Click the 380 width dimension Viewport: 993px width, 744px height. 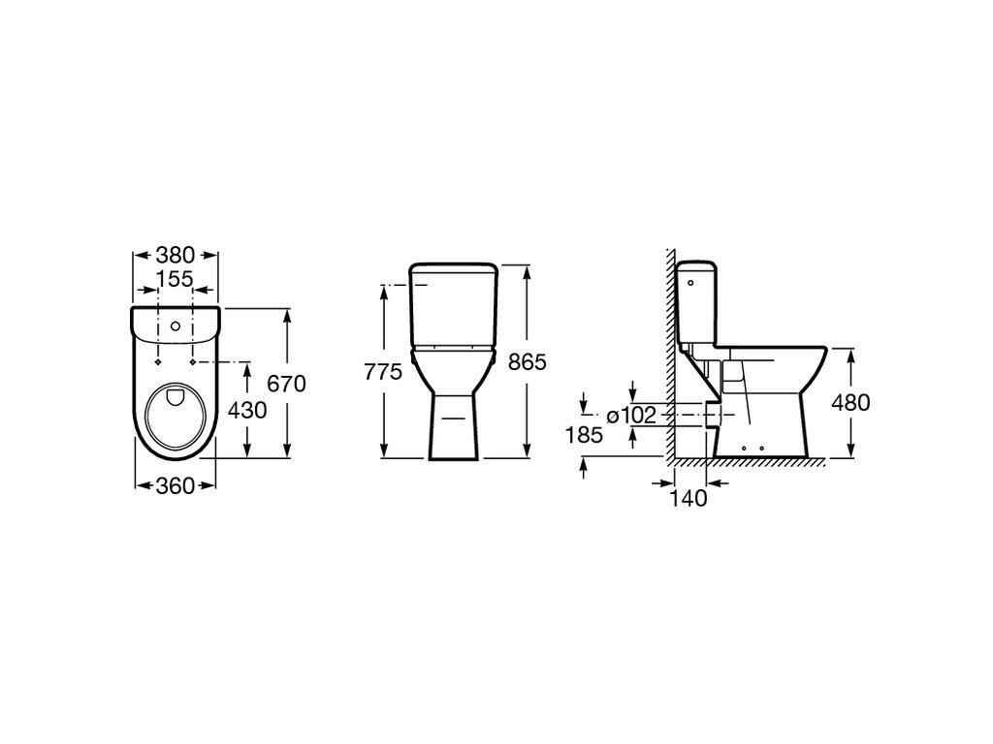(176, 256)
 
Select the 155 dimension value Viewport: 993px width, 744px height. (175, 278)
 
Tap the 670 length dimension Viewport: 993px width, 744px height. (286, 384)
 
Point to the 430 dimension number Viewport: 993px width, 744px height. (247, 410)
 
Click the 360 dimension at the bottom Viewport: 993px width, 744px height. (175, 486)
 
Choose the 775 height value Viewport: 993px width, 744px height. (383, 372)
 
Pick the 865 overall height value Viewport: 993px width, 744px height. (528, 362)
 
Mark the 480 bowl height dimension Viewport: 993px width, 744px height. (850, 402)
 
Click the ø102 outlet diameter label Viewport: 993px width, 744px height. (631, 416)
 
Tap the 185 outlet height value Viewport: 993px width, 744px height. (583, 435)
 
